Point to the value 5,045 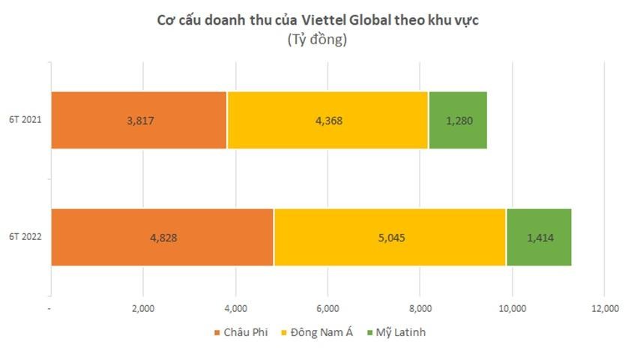390,238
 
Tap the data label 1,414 540,238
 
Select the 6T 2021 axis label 25,120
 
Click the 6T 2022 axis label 25,238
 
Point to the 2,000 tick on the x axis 143,308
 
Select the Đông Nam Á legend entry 313,331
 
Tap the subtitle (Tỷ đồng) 316,40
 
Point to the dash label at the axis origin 49,308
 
